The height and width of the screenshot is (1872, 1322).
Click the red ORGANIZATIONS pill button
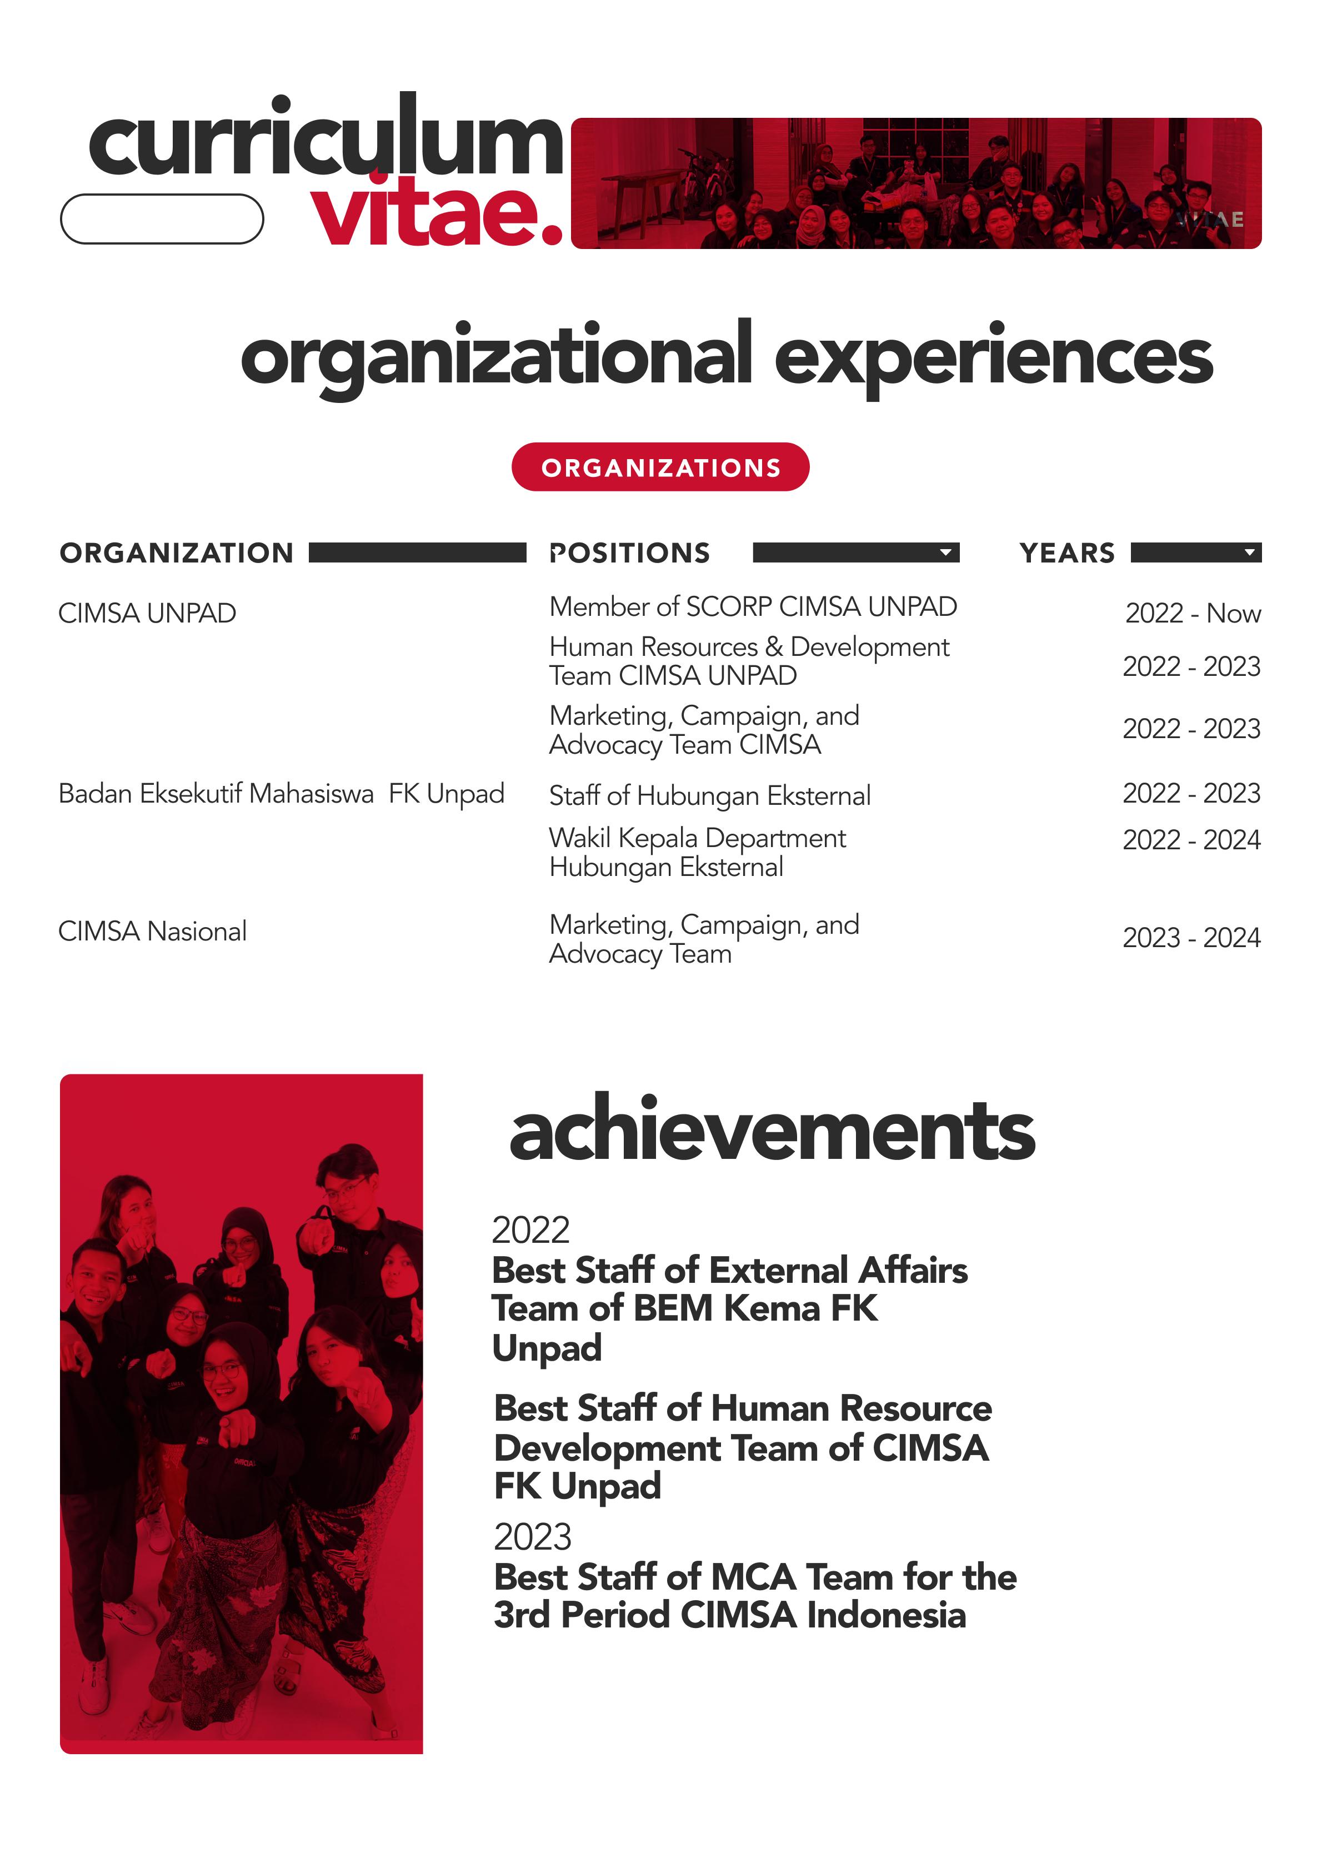click(x=660, y=467)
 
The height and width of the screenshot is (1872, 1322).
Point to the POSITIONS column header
click(x=629, y=553)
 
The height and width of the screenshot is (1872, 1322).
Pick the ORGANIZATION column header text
click(x=176, y=553)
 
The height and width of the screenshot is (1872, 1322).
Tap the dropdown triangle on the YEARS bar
click(x=1249, y=553)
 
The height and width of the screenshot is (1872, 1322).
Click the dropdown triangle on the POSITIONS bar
click(x=945, y=553)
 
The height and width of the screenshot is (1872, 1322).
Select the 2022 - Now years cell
click(x=1193, y=613)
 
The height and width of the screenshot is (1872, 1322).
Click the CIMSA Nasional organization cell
click(x=152, y=931)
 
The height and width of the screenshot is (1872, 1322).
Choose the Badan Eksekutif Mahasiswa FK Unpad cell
click(x=281, y=793)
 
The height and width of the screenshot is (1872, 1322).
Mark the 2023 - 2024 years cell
click(x=1191, y=938)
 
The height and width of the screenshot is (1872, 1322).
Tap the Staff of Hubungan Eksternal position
click(x=710, y=796)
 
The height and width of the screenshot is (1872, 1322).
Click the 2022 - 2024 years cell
click(x=1191, y=840)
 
